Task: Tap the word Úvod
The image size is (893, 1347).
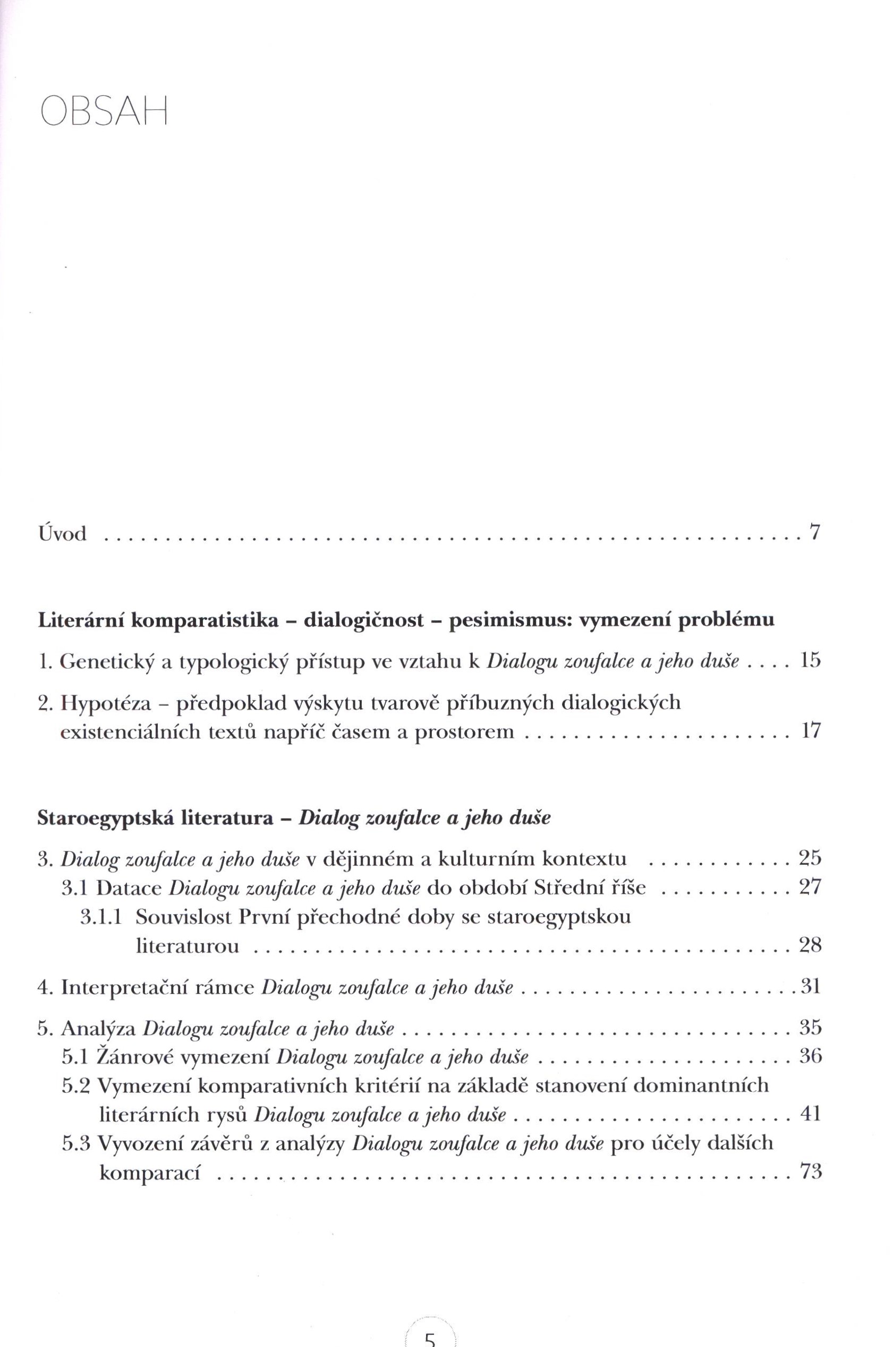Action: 62,533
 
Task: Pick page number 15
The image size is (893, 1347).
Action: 810,661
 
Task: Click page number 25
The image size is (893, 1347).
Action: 810,858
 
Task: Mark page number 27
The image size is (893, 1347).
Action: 810,887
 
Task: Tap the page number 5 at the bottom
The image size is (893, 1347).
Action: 430,1338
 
